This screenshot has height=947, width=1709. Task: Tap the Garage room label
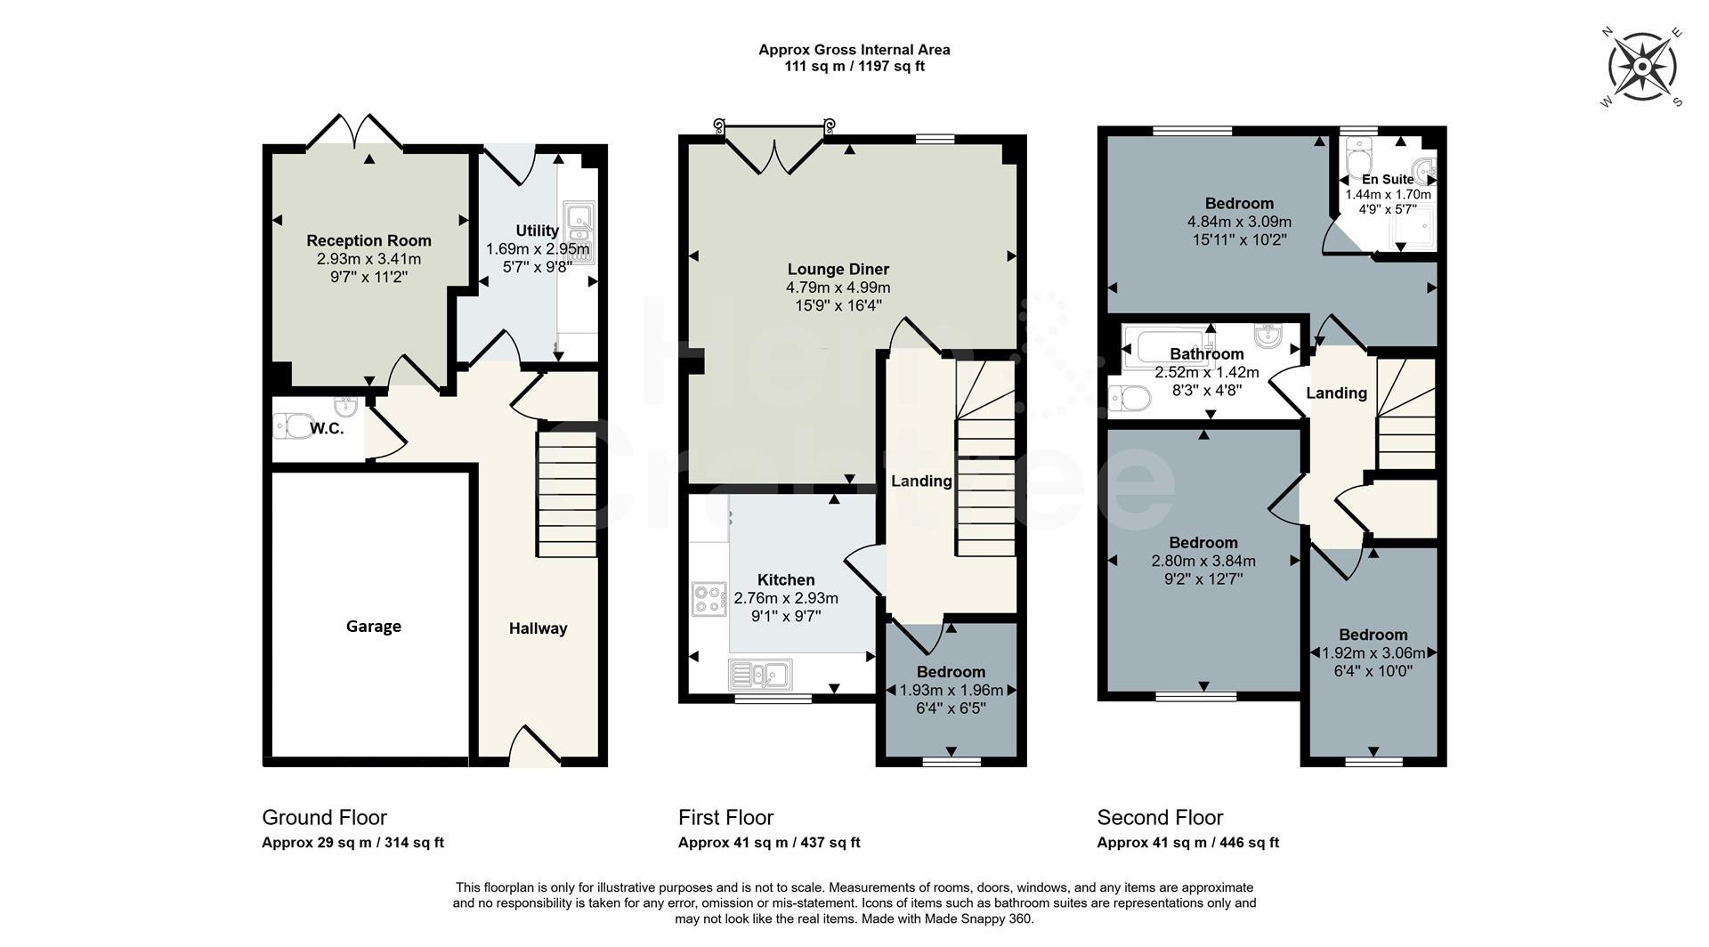pyautogui.click(x=373, y=627)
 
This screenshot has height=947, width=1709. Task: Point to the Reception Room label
pyautogui.click(x=369, y=240)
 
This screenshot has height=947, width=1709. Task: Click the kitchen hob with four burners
pyautogui.click(x=709, y=598)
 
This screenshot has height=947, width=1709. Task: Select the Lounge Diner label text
pyautogui.click(x=838, y=269)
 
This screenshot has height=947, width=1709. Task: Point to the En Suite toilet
pyautogui.click(x=1359, y=161)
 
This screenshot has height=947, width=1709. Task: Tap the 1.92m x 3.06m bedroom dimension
pyautogui.click(x=1373, y=652)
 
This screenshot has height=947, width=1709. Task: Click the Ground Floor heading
pyautogui.click(x=324, y=817)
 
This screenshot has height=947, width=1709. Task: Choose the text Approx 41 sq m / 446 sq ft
pyautogui.click(x=1187, y=843)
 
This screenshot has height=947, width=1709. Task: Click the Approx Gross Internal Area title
pyautogui.click(x=854, y=50)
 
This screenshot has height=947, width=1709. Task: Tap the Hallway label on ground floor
pyautogui.click(x=538, y=628)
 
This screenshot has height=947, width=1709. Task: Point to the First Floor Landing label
pyautogui.click(x=921, y=481)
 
